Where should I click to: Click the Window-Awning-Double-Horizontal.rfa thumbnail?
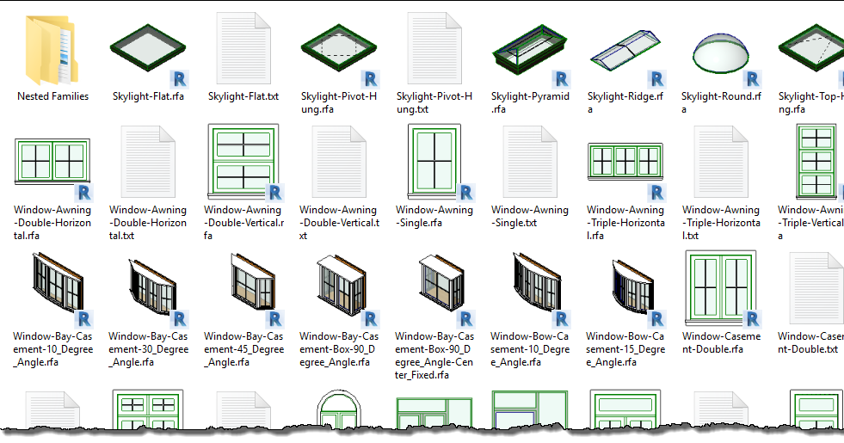(x=52, y=162)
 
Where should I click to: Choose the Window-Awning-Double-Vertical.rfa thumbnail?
(x=243, y=162)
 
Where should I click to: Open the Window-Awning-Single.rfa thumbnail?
(x=434, y=162)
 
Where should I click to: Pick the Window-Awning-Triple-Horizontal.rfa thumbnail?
(x=625, y=162)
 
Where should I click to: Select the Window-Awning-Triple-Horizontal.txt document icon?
(x=721, y=162)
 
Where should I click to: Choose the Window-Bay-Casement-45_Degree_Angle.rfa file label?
(x=243, y=349)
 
